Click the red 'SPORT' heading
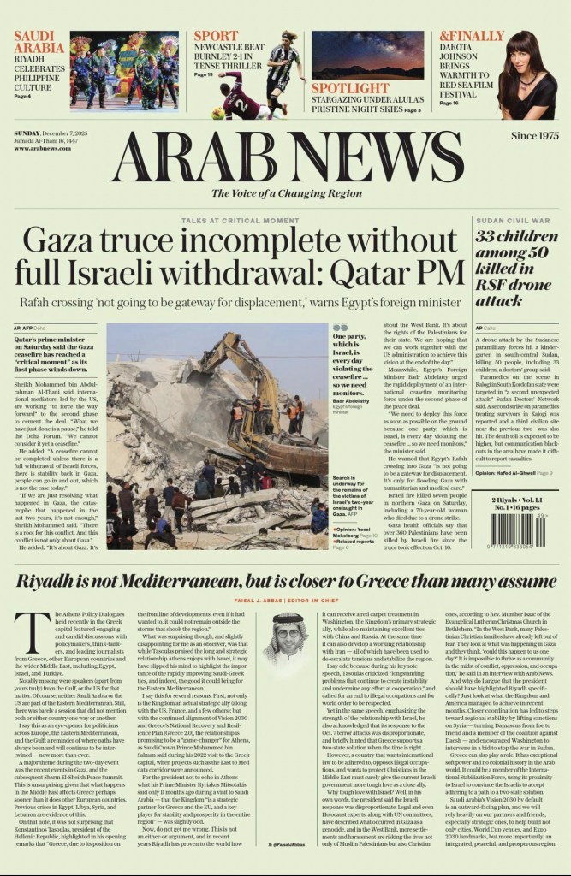pos(216,37)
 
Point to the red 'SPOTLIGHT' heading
pos(350,89)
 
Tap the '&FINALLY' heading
pos(472,37)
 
